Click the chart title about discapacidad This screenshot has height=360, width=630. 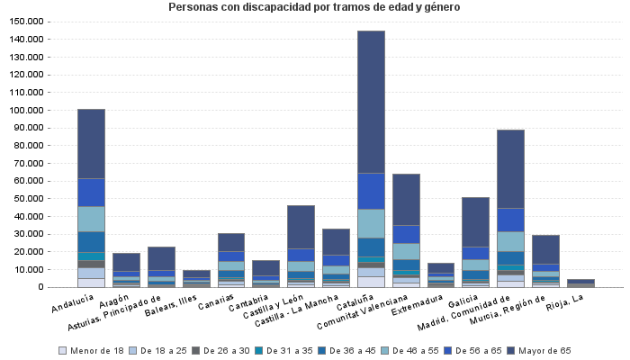(315, 7)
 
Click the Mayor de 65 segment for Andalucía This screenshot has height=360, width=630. (91, 144)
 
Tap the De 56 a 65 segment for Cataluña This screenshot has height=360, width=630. (371, 191)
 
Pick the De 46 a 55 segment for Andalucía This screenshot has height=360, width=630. (91, 219)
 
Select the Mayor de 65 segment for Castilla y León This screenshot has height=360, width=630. (301, 227)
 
